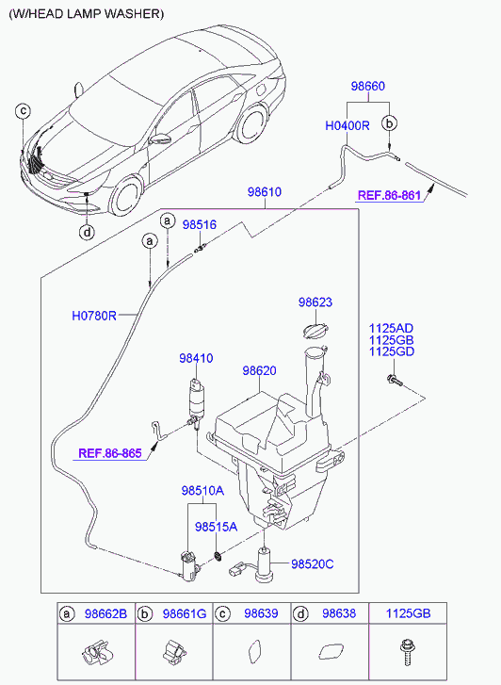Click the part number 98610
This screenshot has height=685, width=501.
pos(265,192)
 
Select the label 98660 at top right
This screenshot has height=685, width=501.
pos(368,86)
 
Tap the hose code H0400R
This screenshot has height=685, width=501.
pos(347,126)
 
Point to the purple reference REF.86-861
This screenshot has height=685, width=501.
pos(389,195)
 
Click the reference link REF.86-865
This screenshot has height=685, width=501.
pos(110,453)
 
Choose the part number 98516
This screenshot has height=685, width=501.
pos(200,224)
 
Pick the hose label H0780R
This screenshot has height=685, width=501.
pos(94,316)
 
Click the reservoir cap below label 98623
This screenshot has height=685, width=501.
pos(314,330)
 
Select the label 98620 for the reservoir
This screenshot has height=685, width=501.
pos(260,371)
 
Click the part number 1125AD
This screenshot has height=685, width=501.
pos(392,329)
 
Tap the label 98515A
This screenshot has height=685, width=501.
pos(217,527)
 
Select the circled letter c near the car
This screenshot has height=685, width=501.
pos(23,110)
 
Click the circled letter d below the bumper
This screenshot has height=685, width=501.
pos(88,232)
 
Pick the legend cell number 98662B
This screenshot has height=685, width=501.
pos(105,613)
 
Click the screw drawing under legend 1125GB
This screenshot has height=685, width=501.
pos(407,652)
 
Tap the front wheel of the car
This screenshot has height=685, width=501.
pos(127,199)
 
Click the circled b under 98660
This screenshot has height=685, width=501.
pos(389,123)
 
